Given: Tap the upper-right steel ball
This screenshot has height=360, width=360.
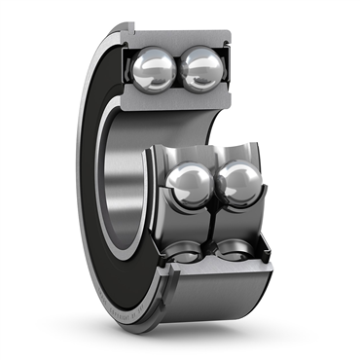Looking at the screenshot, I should pos(203,70).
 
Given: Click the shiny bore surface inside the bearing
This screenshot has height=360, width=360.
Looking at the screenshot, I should pos(122,185).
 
